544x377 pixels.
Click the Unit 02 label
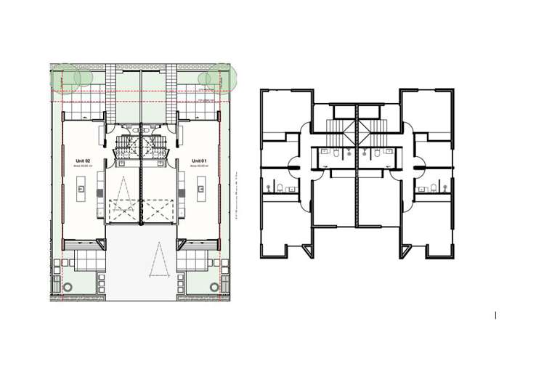(81, 160)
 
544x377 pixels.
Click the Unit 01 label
(199, 160)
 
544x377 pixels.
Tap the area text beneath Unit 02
(81, 166)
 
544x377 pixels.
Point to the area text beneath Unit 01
(199, 166)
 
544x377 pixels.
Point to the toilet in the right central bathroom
(378, 153)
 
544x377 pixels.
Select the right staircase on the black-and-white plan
(379, 131)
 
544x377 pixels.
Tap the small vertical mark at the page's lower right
(495, 315)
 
